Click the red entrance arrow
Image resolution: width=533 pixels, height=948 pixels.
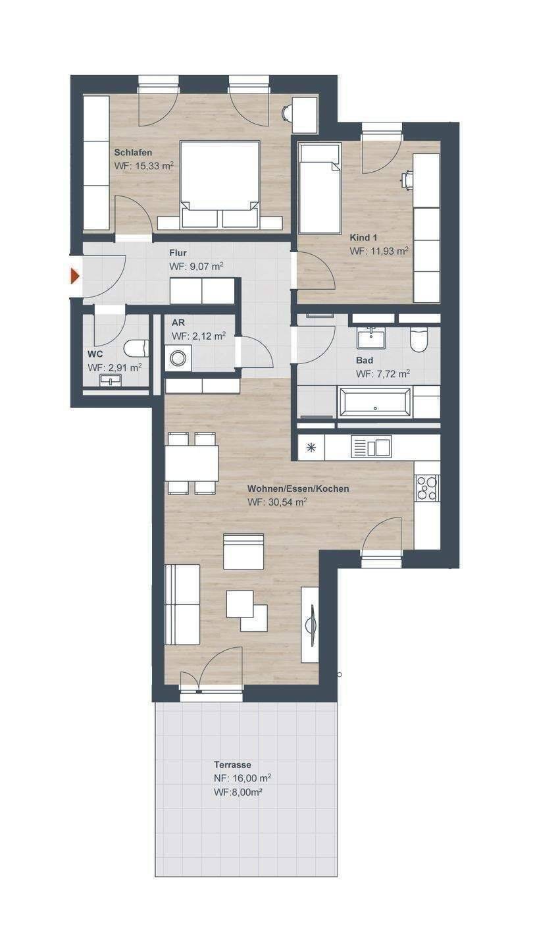tap(75, 276)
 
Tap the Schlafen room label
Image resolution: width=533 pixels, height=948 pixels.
tap(133, 152)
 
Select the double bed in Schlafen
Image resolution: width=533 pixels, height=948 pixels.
tap(220, 185)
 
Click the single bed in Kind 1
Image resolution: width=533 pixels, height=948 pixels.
tap(319, 189)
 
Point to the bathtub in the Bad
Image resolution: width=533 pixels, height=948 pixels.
tap(374, 402)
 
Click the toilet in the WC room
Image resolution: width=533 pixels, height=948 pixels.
tap(137, 349)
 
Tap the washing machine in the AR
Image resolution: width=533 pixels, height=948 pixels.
tap(178, 358)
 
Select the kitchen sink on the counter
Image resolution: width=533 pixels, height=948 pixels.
tap(371, 448)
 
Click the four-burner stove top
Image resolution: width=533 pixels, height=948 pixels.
tap(427, 488)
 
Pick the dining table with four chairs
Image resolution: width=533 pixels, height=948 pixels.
tap(192, 463)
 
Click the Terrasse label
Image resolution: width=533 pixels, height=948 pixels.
tap(232, 765)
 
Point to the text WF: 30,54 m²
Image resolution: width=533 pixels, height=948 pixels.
tap(277, 502)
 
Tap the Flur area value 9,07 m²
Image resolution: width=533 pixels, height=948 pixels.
tap(206, 267)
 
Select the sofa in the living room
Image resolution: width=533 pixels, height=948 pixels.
tap(182, 604)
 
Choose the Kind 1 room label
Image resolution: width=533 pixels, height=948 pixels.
tap(363, 238)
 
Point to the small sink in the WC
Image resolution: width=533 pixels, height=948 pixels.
tap(111, 381)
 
